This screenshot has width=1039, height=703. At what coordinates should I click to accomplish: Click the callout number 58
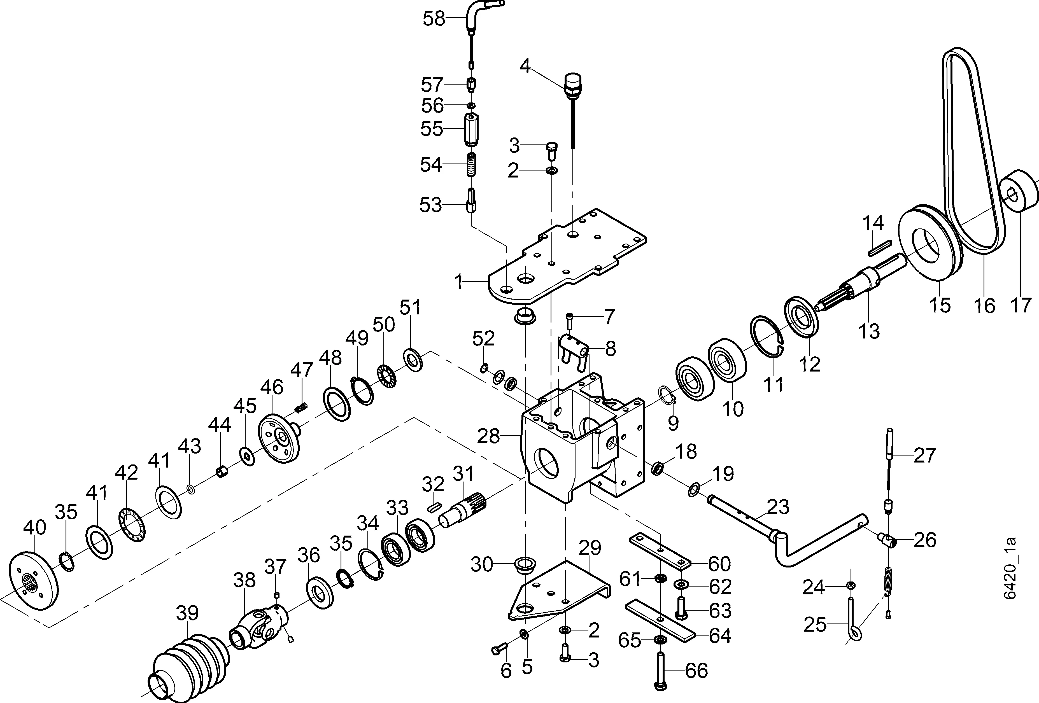click(434, 19)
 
